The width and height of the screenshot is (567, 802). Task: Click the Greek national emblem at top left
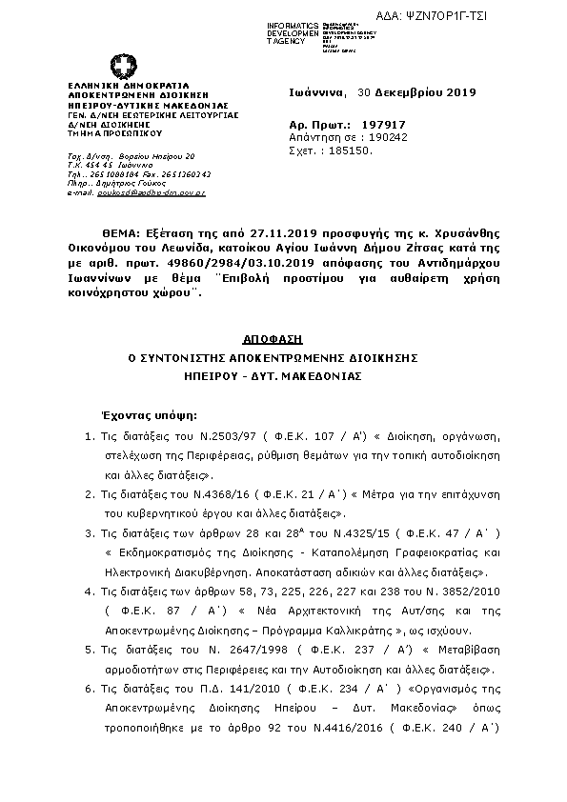coord(123,68)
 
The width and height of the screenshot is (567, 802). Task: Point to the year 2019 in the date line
coord(459,92)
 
